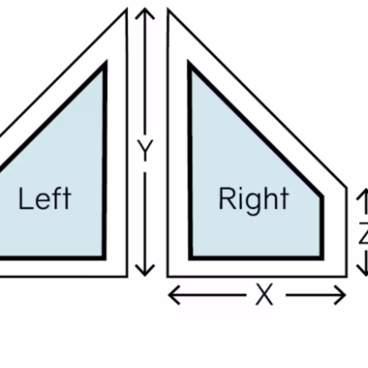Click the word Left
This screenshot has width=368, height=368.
(x=45, y=199)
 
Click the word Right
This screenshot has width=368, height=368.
(x=254, y=201)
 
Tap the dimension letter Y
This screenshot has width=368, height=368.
(x=145, y=150)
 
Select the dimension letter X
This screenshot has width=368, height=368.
(x=264, y=294)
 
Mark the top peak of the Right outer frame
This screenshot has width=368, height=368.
(x=168, y=9)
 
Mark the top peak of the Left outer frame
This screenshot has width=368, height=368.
(x=127, y=9)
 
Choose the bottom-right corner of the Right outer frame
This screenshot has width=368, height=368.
(x=347, y=277)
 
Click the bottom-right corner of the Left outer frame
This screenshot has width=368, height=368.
(x=127, y=277)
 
